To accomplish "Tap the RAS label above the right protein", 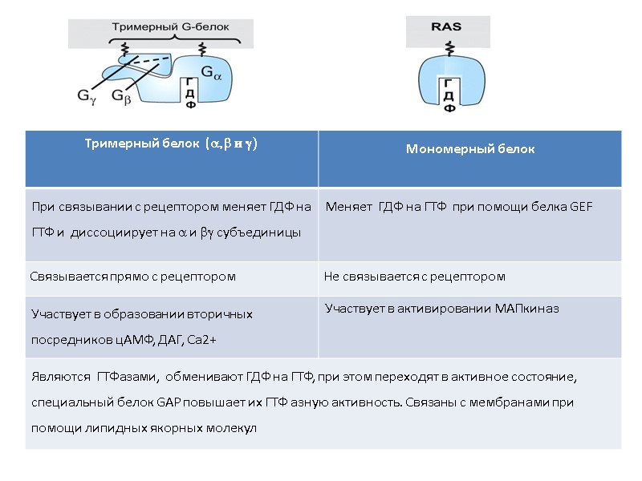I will pyautogui.click(x=447, y=26).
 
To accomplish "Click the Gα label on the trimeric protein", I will pyautogui.click(x=207, y=73).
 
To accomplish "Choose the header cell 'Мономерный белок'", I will pyautogui.click(x=470, y=149).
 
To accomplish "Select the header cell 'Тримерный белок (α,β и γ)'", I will pyautogui.click(x=171, y=143).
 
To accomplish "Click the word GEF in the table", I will pyautogui.click(x=582, y=207).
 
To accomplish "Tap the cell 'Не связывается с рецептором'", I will pyautogui.click(x=414, y=277).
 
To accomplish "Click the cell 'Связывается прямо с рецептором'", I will pyautogui.click(x=133, y=277).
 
